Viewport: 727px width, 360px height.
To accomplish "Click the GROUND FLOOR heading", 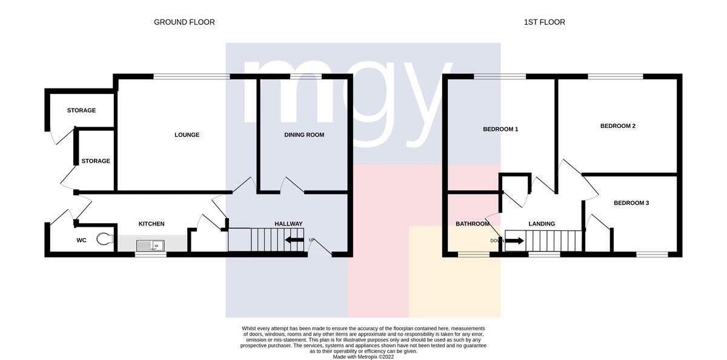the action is coord(184,22).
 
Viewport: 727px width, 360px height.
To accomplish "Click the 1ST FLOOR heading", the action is coord(544,22).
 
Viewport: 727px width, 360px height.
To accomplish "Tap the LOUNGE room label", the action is coord(187,135).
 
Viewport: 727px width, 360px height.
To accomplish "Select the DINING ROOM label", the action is coord(304,135).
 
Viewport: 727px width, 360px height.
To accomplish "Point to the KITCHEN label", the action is coord(151,224).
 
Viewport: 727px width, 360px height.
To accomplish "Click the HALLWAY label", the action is coord(288,224).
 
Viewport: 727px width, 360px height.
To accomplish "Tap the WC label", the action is coord(81,240).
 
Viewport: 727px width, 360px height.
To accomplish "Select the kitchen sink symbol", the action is coord(150,245).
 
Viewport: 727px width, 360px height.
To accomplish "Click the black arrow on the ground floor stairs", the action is coord(294,240).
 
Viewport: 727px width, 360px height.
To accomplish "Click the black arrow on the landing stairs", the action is coord(514,241).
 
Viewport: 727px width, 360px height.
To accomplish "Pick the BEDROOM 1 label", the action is coord(500,129).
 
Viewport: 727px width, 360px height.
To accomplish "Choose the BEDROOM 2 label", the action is coord(618,126).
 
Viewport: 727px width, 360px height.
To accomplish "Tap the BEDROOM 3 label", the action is coord(631,203).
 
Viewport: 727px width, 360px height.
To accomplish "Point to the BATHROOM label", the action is coord(473,224).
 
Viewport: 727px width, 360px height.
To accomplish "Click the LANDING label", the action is coord(542,224).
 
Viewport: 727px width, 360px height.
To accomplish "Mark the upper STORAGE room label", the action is coord(81,110).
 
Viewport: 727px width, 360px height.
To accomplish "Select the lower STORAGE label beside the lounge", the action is coord(96,161).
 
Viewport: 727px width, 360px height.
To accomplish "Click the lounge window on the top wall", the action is coord(192,76).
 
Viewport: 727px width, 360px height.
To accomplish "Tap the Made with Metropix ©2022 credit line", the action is coord(363,357).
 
